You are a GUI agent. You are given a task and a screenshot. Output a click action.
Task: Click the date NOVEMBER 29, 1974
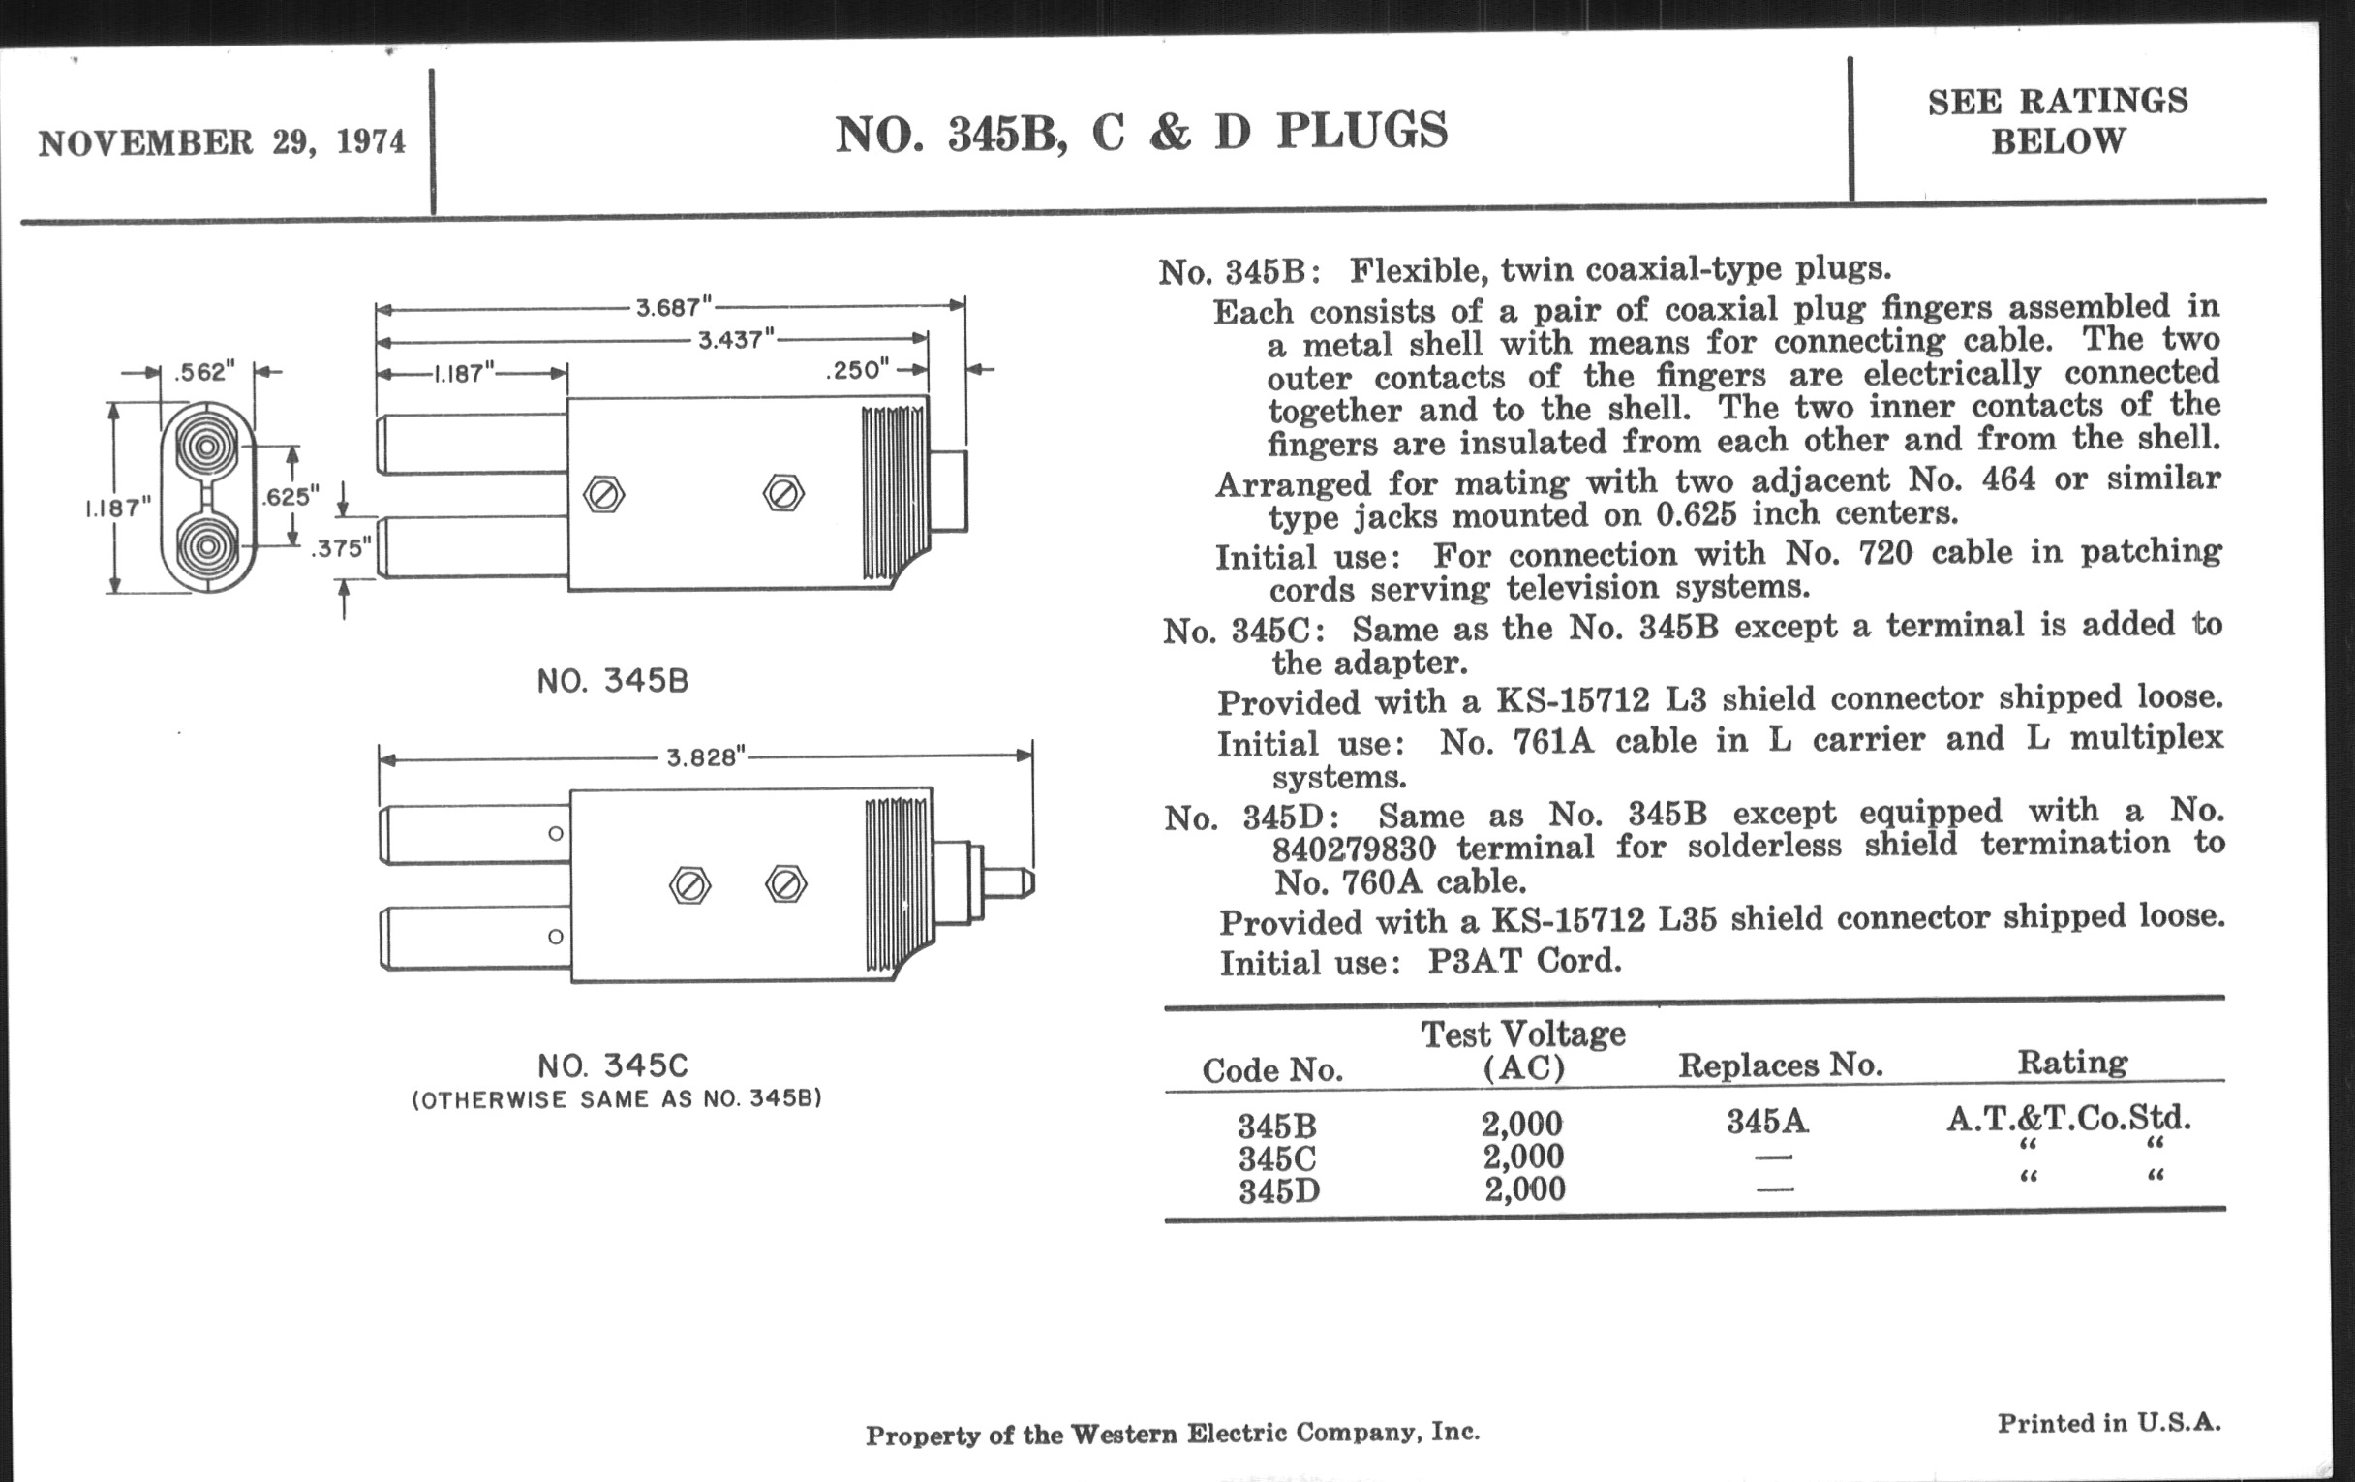(x=222, y=142)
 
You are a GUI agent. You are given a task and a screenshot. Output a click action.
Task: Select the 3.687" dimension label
(x=674, y=308)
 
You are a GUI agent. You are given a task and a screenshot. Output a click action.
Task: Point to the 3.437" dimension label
(x=735, y=340)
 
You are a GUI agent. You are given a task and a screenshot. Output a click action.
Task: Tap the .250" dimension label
(x=857, y=370)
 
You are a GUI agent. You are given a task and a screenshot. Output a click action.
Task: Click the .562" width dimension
(x=205, y=372)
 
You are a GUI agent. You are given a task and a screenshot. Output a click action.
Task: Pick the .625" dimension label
(x=291, y=497)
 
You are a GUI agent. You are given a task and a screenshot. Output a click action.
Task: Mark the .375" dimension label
(x=341, y=549)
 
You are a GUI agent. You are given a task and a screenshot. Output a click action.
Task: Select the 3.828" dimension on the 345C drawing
(x=705, y=758)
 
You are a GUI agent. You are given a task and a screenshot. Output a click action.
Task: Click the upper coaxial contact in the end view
(x=206, y=448)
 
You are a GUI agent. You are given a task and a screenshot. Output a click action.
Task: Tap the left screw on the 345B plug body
(x=603, y=494)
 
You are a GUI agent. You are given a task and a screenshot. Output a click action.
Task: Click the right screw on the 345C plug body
(x=785, y=885)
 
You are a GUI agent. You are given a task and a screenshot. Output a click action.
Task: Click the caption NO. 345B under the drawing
(x=613, y=681)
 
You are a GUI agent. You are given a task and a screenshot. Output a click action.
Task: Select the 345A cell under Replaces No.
(x=1767, y=1121)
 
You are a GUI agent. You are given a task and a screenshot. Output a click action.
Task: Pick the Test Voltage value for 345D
(x=1525, y=1189)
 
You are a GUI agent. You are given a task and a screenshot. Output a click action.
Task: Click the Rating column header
(x=2072, y=1064)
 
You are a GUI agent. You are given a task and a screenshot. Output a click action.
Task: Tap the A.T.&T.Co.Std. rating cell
(x=2068, y=1118)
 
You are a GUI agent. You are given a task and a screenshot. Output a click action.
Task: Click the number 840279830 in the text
(x=1354, y=849)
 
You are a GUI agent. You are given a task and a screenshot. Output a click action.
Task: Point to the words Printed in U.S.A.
(x=2108, y=1423)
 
